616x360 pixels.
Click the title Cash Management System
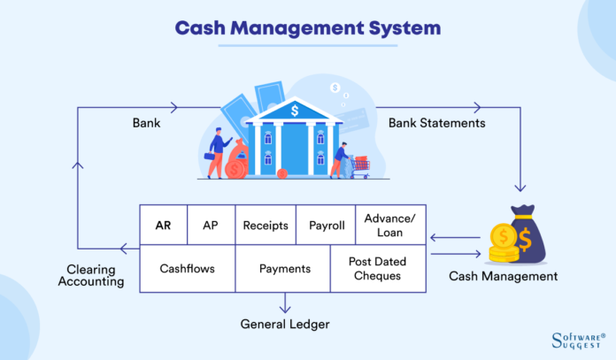[307, 28]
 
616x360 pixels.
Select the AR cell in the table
[163, 226]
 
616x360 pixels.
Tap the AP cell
[210, 226]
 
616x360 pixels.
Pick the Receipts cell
[266, 226]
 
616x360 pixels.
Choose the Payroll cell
[326, 226]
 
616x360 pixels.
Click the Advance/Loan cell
[390, 226]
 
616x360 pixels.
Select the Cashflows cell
[187, 269]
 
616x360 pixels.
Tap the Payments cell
[285, 269]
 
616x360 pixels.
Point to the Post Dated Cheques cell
[377, 269]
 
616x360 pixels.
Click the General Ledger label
[285, 325]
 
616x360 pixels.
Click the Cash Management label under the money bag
[504, 276]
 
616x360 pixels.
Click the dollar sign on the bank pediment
[295, 110]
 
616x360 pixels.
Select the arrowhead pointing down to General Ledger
[285, 308]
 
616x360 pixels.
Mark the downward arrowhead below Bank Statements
[520, 186]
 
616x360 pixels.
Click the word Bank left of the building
[146, 123]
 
